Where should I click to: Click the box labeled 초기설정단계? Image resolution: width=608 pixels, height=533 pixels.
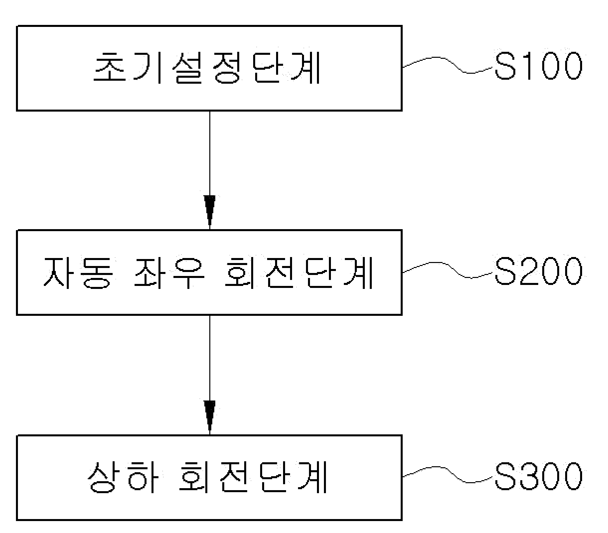(x=209, y=68)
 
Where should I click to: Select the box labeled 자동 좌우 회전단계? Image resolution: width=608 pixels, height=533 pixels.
(x=209, y=272)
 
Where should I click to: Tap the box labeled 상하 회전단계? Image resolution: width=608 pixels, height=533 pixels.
(x=209, y=477)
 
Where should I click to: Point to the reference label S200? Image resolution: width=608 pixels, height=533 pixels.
(x=539, y=272)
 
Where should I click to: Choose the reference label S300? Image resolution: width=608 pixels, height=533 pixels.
(x=539, y=477)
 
